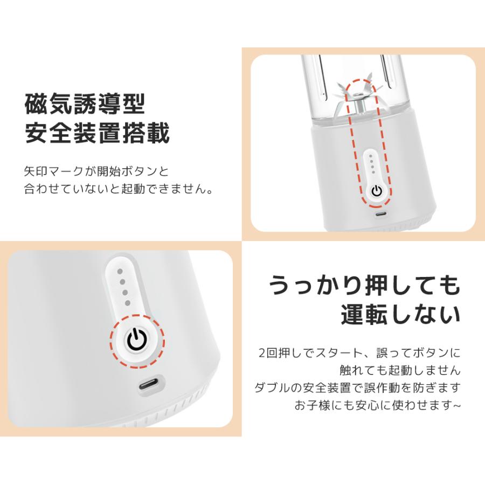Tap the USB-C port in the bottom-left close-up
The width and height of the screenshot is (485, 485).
coord(149,386)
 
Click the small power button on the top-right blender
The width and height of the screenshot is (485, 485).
coord(377,191)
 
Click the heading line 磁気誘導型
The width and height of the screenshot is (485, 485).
coord(85,104)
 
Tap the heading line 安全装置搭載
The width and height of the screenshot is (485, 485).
coord(98,134)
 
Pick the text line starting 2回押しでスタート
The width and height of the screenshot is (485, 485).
coord(359,354)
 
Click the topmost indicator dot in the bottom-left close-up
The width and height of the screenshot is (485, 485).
coord(120,272)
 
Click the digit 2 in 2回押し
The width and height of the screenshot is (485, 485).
coord(261,354)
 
